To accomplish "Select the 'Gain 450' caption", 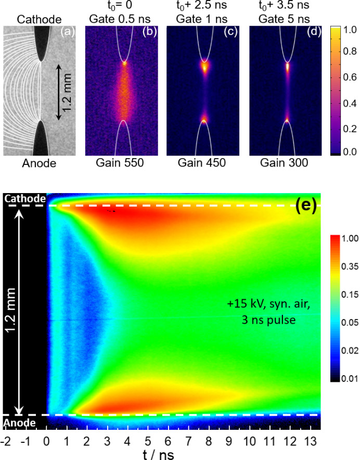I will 203,163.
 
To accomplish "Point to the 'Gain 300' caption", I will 285,163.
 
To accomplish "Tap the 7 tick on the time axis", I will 188,441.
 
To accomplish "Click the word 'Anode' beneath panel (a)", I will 40,163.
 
